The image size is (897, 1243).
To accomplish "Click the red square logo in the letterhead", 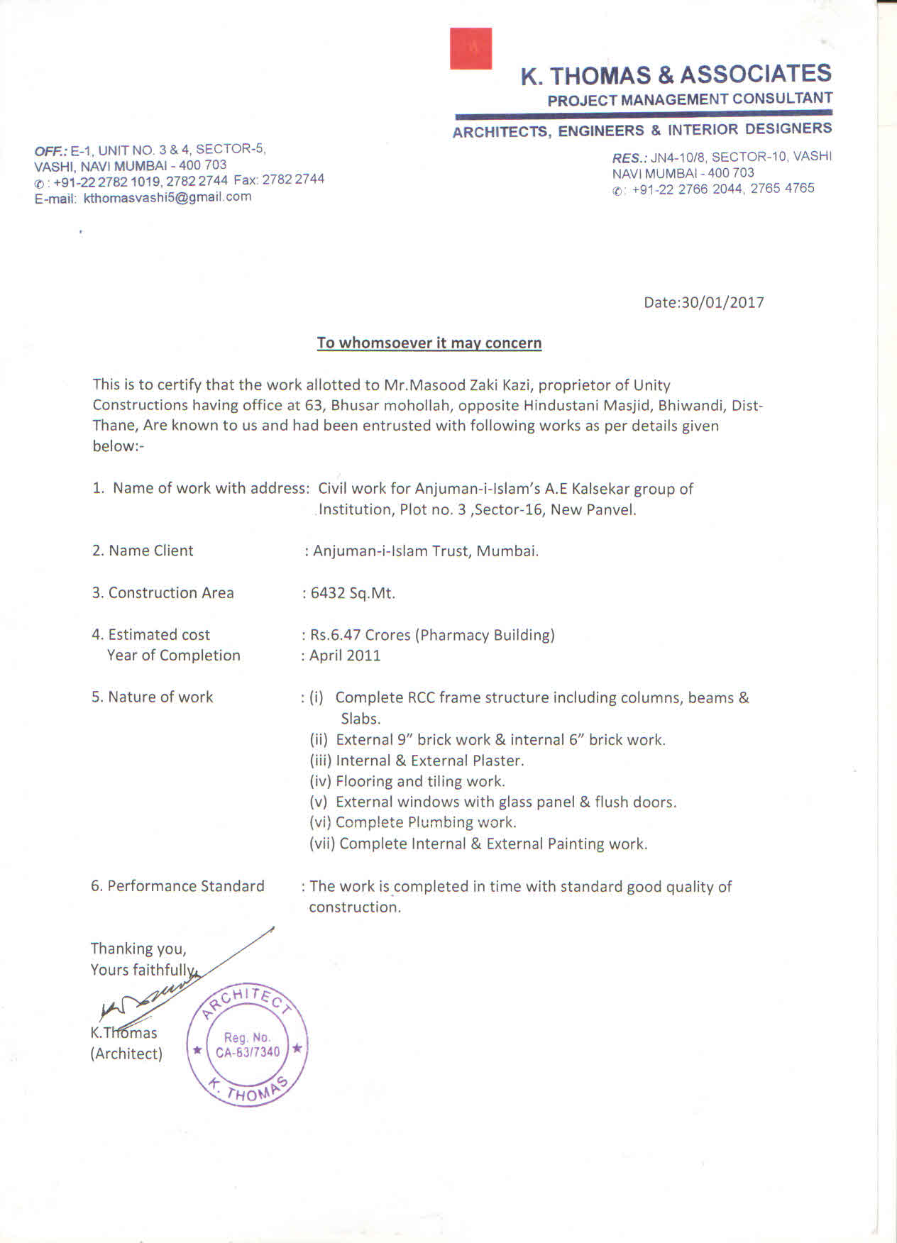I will (470, 48).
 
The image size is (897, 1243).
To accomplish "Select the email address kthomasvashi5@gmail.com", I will (167, 197).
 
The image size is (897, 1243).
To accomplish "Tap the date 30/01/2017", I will (722, 302).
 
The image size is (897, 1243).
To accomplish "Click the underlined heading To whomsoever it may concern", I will (429, 343).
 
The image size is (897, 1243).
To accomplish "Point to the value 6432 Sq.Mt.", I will (353, 593).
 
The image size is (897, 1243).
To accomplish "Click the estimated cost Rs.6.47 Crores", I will (360, 635).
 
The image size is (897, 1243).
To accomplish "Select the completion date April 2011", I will (345, 656).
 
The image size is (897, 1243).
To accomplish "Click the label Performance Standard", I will (185, 886).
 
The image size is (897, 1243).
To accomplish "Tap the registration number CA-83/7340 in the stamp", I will (248, 1052).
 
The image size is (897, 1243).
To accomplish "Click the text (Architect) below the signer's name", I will (126, 1054).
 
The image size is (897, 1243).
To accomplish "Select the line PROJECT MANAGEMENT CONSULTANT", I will (689, 99).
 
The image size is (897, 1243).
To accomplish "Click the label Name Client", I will (150, 551).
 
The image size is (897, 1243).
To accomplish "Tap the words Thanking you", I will (138, 949).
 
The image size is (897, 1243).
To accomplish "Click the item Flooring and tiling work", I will (420, 781).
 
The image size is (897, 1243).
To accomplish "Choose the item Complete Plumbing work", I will (426, 822).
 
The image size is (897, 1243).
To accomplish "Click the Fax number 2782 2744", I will (293, 179).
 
